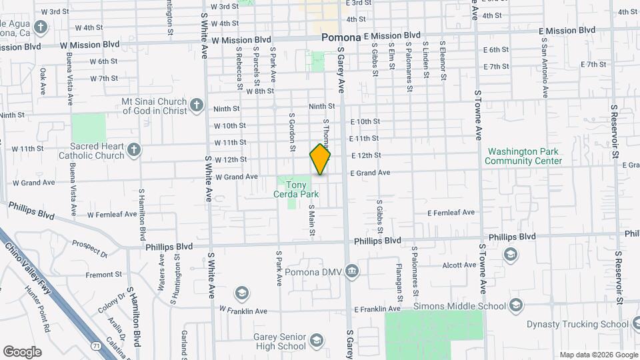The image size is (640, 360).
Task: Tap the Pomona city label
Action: point(341,38)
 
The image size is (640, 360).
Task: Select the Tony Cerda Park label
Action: point(296,189)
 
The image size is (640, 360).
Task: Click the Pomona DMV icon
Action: point(351,271)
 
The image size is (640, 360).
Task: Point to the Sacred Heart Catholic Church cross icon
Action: point(133,149)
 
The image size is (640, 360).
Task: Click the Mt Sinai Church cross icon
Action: point(196,105)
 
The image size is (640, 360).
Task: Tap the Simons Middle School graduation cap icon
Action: point(515,305)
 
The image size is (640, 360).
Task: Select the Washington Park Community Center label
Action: point(523,156)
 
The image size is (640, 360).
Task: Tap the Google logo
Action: point(23,351)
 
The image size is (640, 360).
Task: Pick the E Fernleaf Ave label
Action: point(451,213)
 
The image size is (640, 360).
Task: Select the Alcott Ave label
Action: point(459,265)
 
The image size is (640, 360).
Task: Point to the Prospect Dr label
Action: point(90,249)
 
